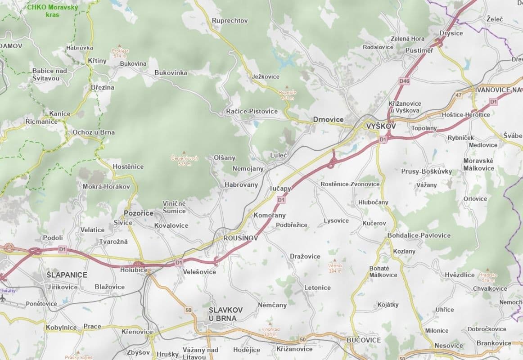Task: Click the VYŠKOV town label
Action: [381, 127]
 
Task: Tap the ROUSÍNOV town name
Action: [240, 238]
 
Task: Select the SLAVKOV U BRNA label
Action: [225, 314]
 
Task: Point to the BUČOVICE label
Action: [364, 340]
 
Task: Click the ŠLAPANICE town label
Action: [67, 274]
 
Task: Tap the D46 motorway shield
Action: [404, 81]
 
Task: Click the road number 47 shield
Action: [459, 95]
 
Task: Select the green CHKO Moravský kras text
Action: [52, 11]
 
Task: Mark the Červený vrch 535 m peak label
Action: [185, 161]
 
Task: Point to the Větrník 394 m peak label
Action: [335, 268]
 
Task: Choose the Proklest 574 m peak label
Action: [120, 54]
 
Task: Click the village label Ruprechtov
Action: [230, 21]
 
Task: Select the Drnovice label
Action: [328, 120]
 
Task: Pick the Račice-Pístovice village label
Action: [252, 111]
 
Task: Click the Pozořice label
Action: [138, 213]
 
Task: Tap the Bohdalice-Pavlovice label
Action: [419, 235]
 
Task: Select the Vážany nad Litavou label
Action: [200, 353]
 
